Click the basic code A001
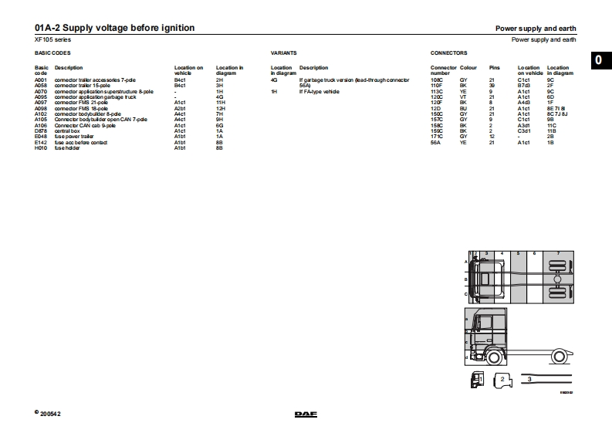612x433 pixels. (x=41, y=79)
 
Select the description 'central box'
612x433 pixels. (x=66, y=131)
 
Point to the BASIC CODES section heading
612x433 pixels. (x=53, y=54)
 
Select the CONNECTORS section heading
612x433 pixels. (x=448, y=54)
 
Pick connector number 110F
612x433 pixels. (x=438, y=85)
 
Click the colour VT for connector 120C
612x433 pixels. (x=463, y=96)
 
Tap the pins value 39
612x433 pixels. (x=492, y=85)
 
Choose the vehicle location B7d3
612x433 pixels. (x=523, y=85)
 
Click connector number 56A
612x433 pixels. (x=435, y=143)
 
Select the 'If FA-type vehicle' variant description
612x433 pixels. (x=321, y=91)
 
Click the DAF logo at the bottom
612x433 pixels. (x=305, y=414)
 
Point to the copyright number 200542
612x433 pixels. (x=51, y=414)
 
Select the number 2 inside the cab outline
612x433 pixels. (x=502, y=379)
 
